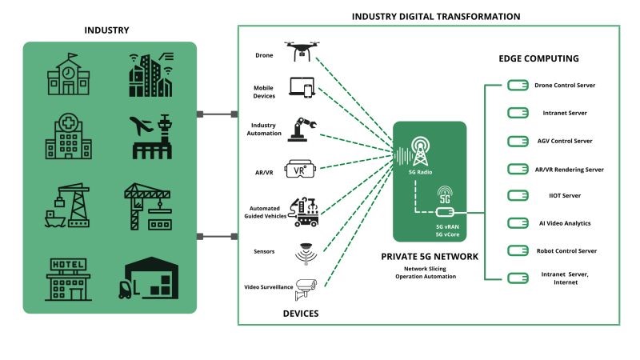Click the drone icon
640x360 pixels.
[301, 51]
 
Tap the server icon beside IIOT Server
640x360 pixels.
[517, 196]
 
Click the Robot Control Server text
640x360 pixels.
[565, 251]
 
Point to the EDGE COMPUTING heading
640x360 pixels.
[538, 58]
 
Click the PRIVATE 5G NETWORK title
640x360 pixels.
[430, 256]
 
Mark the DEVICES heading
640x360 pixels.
[301, 314]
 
